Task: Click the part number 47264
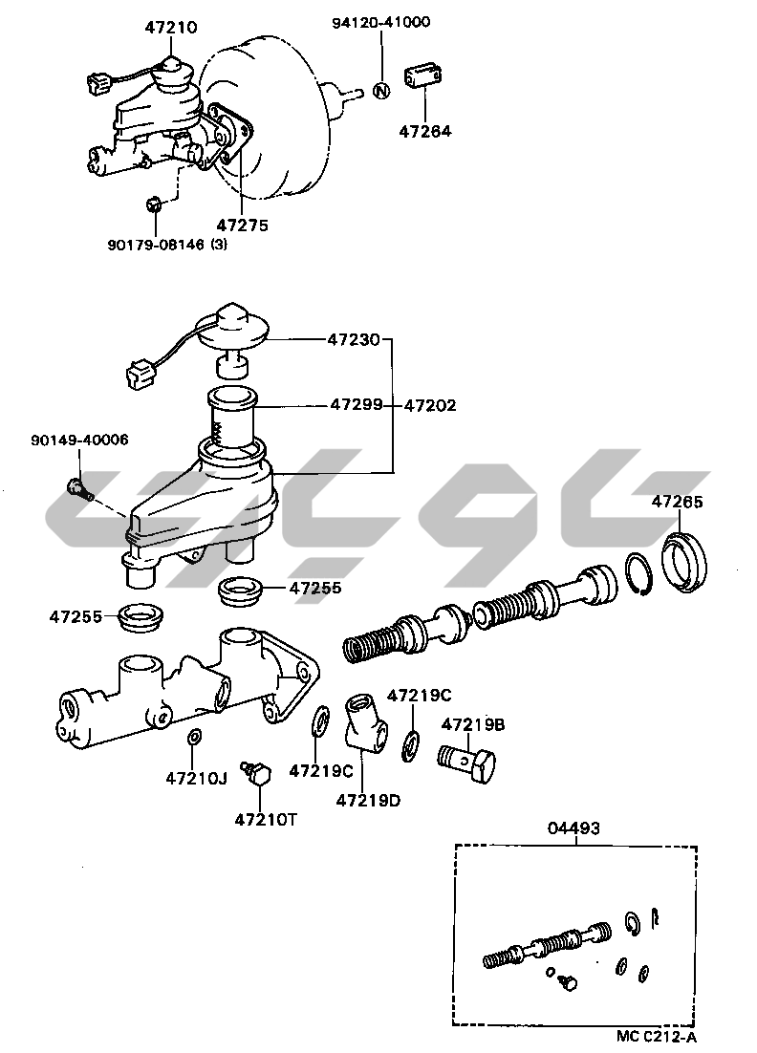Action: click(425, 131)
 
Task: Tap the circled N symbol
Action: click(380, 92)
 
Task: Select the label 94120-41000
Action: click(380, 22)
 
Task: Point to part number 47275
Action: click(242, 226)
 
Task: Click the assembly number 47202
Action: click(429, 405)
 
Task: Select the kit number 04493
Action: click(573, 828)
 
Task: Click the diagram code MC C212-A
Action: click(657, 1035)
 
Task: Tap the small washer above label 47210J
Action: click(194, 737)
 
